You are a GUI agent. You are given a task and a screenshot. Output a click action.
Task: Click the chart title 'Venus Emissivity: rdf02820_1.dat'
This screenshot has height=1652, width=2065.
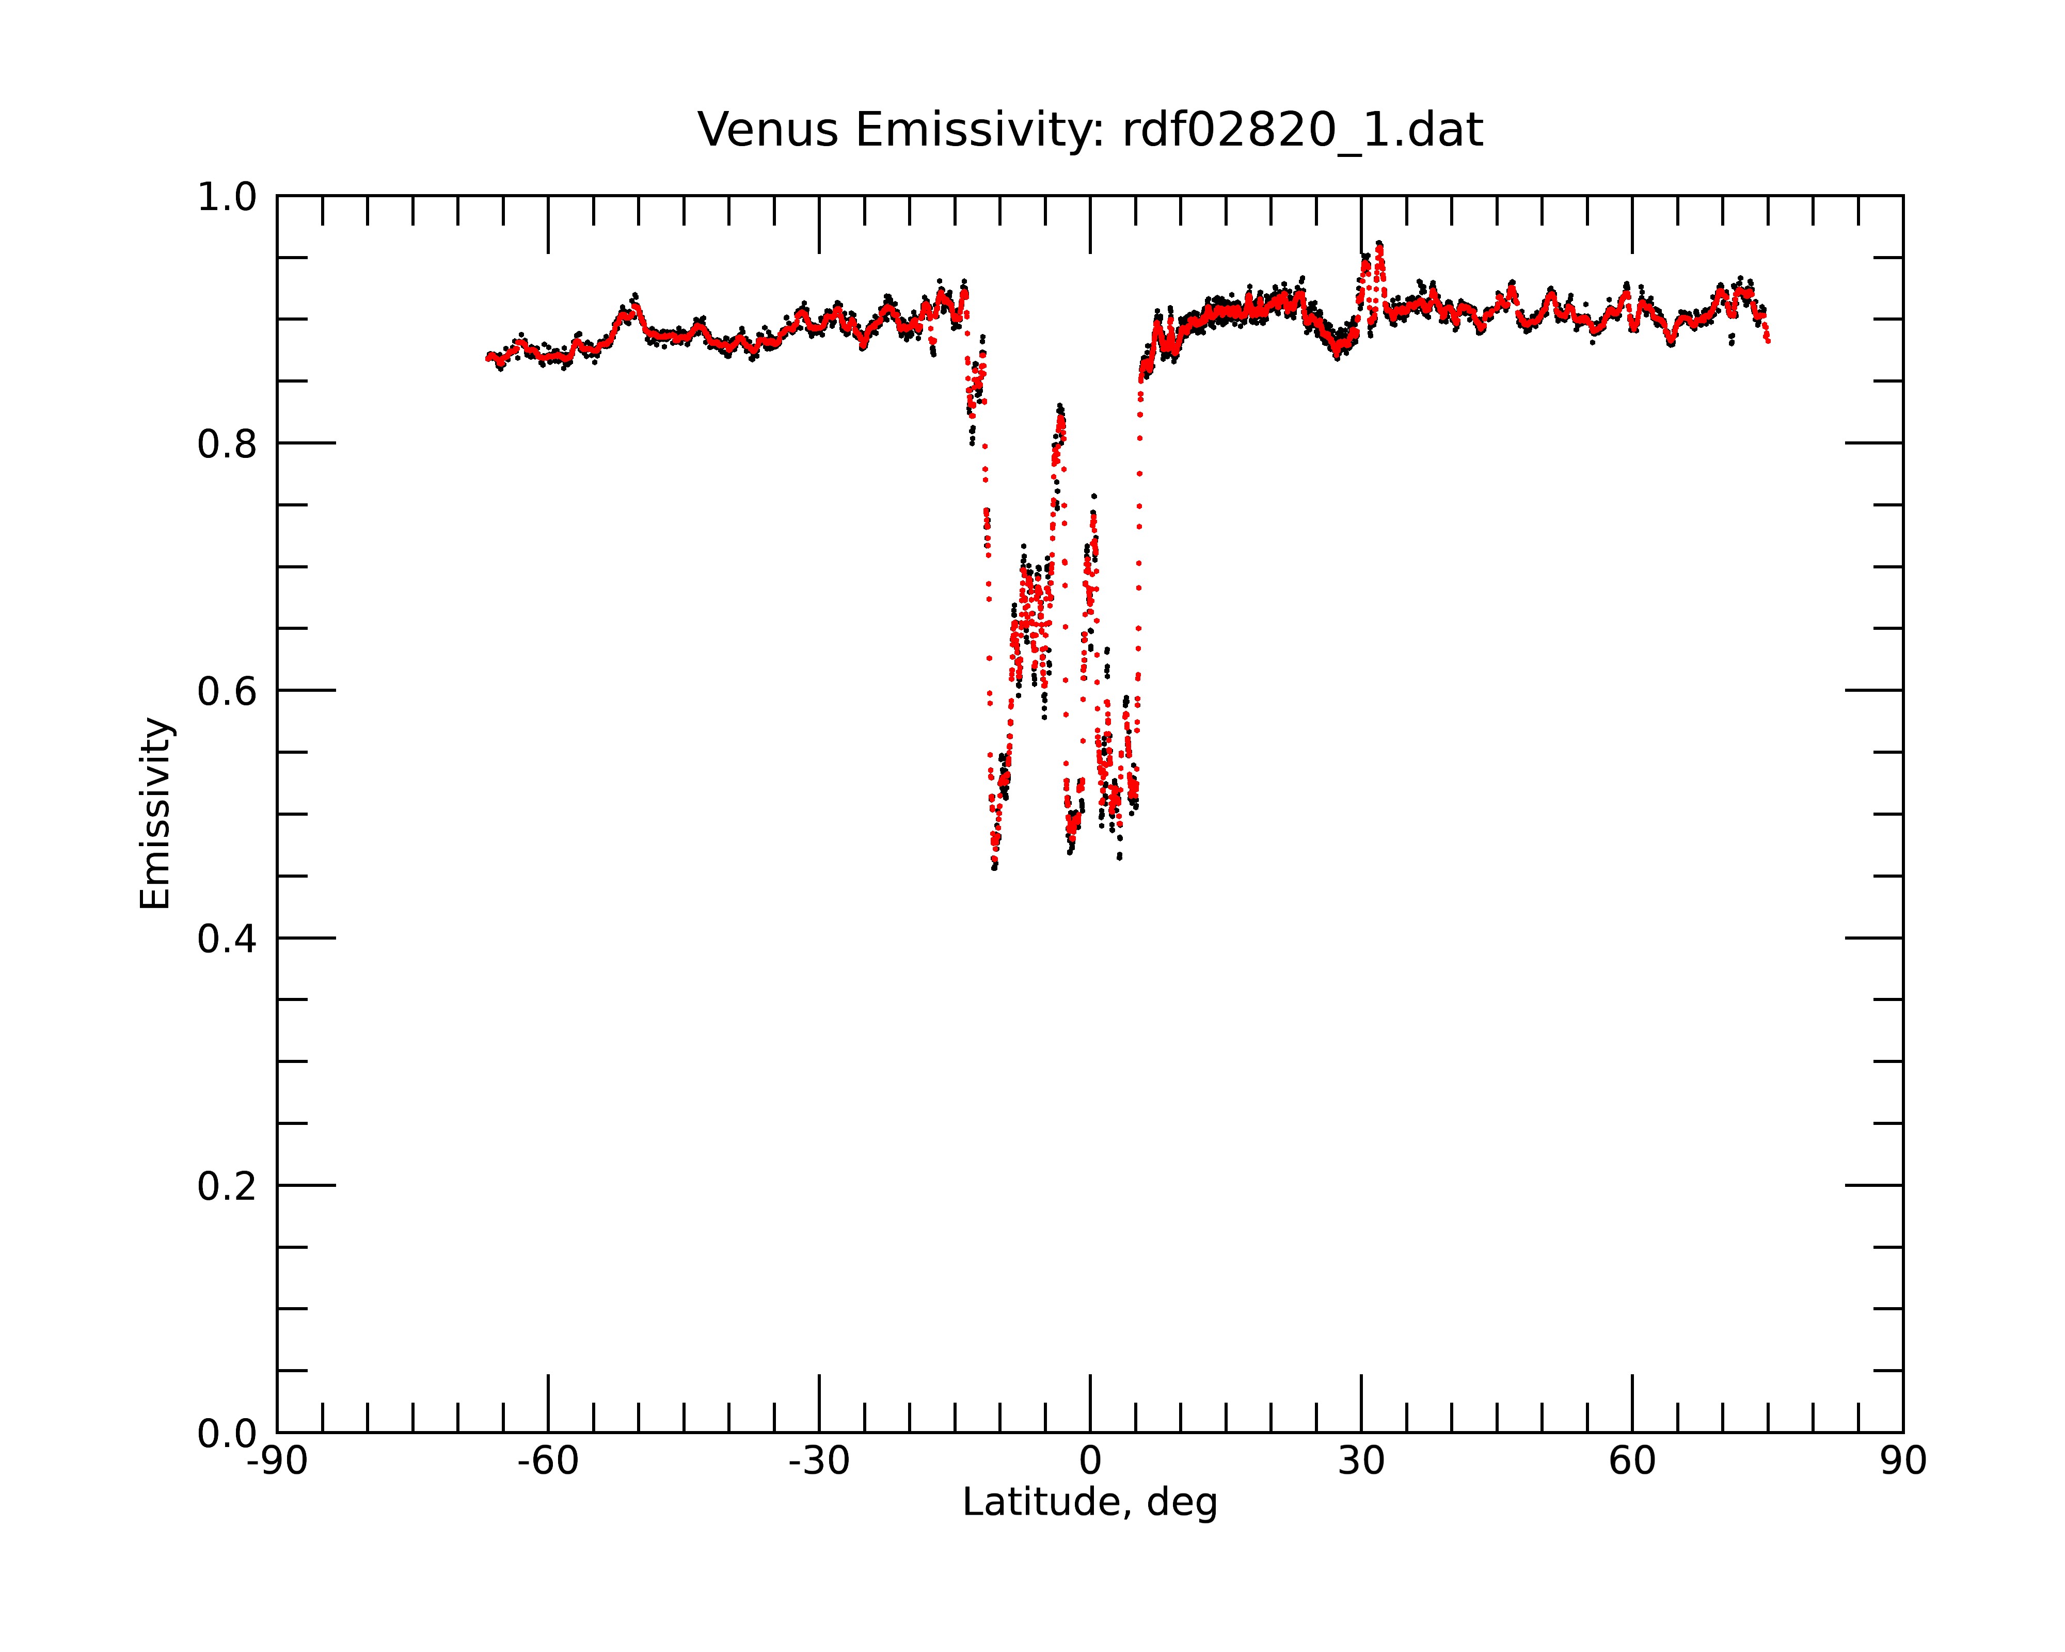1090,130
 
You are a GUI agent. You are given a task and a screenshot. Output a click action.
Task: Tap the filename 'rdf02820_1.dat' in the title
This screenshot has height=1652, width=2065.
1302,130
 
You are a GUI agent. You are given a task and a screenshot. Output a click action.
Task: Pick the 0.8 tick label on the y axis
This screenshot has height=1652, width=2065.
227,444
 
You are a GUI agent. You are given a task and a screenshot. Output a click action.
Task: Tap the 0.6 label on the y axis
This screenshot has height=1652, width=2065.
227,691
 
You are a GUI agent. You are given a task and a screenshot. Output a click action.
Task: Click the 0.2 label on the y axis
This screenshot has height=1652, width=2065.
227,1186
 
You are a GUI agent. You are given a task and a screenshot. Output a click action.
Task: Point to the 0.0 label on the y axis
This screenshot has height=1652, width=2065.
227,1434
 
